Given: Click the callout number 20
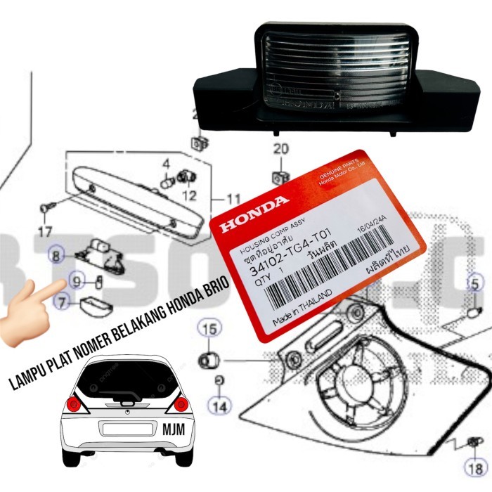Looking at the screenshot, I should click(x=280, y=149).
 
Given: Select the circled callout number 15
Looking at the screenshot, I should click(x=207, y=328).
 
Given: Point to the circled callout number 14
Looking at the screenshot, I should click(x=221, y=405).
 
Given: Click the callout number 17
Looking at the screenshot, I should click(x=44, y=231).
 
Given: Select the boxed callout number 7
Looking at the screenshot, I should click(x=62, y=304).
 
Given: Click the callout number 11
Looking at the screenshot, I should click(x=233, y=199).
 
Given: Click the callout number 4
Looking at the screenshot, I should click(x=167, y=164).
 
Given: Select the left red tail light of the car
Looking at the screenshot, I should click(x=73, y=405).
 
